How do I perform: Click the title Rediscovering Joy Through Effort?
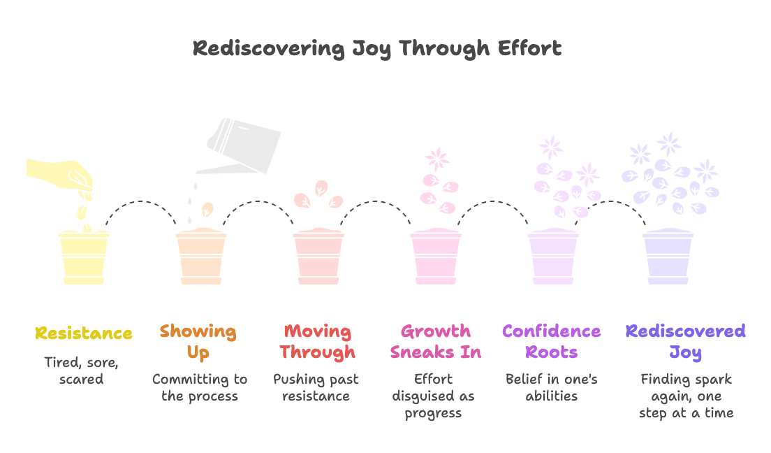click(377, 49)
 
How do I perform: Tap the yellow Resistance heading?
click(84, 333)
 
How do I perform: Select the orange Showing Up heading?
click(198, 341)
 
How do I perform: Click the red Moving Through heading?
click(318, 341)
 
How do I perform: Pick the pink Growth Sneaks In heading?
click(436, 341)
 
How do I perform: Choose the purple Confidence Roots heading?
click(552, 341)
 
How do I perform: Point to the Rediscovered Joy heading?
click(686, 341)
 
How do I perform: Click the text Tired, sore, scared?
click(83, 371)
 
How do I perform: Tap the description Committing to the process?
click(200, 387)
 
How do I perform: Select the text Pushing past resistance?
click(316, 387)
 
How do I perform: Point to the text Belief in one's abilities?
click(552, 387)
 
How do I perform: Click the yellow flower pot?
click(84, 257)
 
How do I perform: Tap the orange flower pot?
click(200, 257)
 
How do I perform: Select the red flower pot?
click(318, 257)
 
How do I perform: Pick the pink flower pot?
click(435, 257)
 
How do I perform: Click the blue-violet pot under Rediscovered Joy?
click(668, 257)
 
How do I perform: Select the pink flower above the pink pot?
click(438, 158)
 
